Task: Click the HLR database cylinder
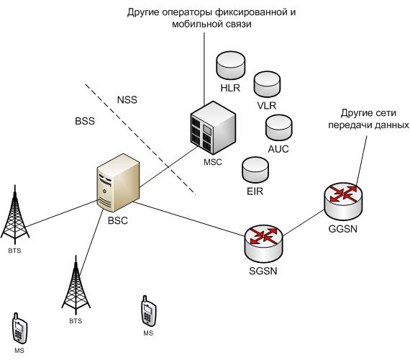click(230, 66)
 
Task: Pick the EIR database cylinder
click(255, 170)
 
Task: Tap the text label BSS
click(84, 122)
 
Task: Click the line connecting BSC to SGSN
click(187, 219)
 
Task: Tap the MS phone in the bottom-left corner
click(19, 328)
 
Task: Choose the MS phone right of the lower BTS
click(147, 310)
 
